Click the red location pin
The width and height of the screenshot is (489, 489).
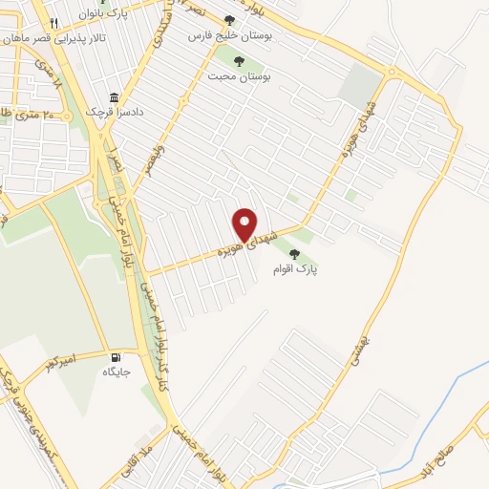pyautogui.click(x=244, y=225)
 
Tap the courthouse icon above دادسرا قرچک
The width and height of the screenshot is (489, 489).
pyautogui.click(x=114, y=98)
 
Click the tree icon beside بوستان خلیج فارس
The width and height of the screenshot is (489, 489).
pyautogui.click(x=228, y=20)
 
